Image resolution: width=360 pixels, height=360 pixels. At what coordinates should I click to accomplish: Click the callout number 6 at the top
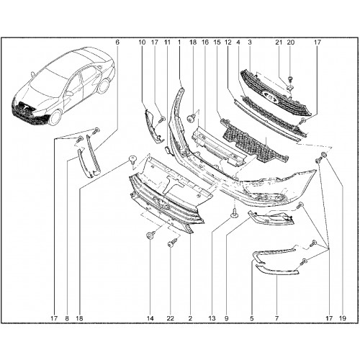click(117, 42)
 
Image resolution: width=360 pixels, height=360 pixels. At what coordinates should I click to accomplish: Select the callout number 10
click(142, 42)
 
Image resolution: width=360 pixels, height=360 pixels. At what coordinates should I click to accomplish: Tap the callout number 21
click(279, 42)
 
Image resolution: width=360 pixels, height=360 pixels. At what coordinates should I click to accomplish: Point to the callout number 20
click(290, 42)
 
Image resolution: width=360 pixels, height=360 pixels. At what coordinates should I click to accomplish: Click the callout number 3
click(250, 42)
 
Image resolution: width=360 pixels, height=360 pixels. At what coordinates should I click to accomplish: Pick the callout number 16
click(205, 42)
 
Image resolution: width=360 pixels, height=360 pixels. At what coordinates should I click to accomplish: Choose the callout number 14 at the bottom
click(150, 318)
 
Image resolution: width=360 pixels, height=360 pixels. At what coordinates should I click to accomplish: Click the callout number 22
click(170, 318)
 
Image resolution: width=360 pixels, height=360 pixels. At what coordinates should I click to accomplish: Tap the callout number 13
click(212, 318)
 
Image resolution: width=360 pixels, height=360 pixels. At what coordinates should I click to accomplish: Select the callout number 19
click(343, 318)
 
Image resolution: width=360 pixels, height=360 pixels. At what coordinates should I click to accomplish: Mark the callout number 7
click(276, 318)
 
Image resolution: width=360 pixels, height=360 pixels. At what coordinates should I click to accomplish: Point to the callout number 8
click(67, 318)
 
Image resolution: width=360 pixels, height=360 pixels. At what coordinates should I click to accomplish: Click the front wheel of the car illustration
click(55, 117)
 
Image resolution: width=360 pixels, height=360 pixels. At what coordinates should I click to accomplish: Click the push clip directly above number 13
click(234, 214)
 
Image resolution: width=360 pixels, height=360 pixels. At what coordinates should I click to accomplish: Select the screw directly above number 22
click(173, 242)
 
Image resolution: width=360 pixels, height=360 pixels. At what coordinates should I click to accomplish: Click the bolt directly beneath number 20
click(290, 78)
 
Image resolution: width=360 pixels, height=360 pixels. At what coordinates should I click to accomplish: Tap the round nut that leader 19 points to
click(324, 155)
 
